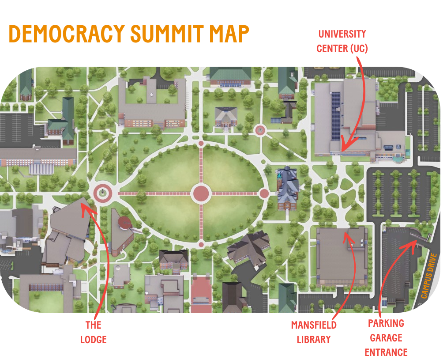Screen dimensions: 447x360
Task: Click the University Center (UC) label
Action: pos(342,41)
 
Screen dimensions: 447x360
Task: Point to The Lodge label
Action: pos(93,332)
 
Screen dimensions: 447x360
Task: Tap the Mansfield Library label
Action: pos(314,332)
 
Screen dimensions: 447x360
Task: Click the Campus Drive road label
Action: pos(428,276)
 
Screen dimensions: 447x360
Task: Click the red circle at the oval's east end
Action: pos(264,193)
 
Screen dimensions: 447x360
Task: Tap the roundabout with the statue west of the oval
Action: pos(103,193)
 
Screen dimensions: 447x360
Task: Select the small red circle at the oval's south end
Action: pos(201,244)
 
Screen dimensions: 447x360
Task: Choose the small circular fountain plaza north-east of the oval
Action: pos(260,130)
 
